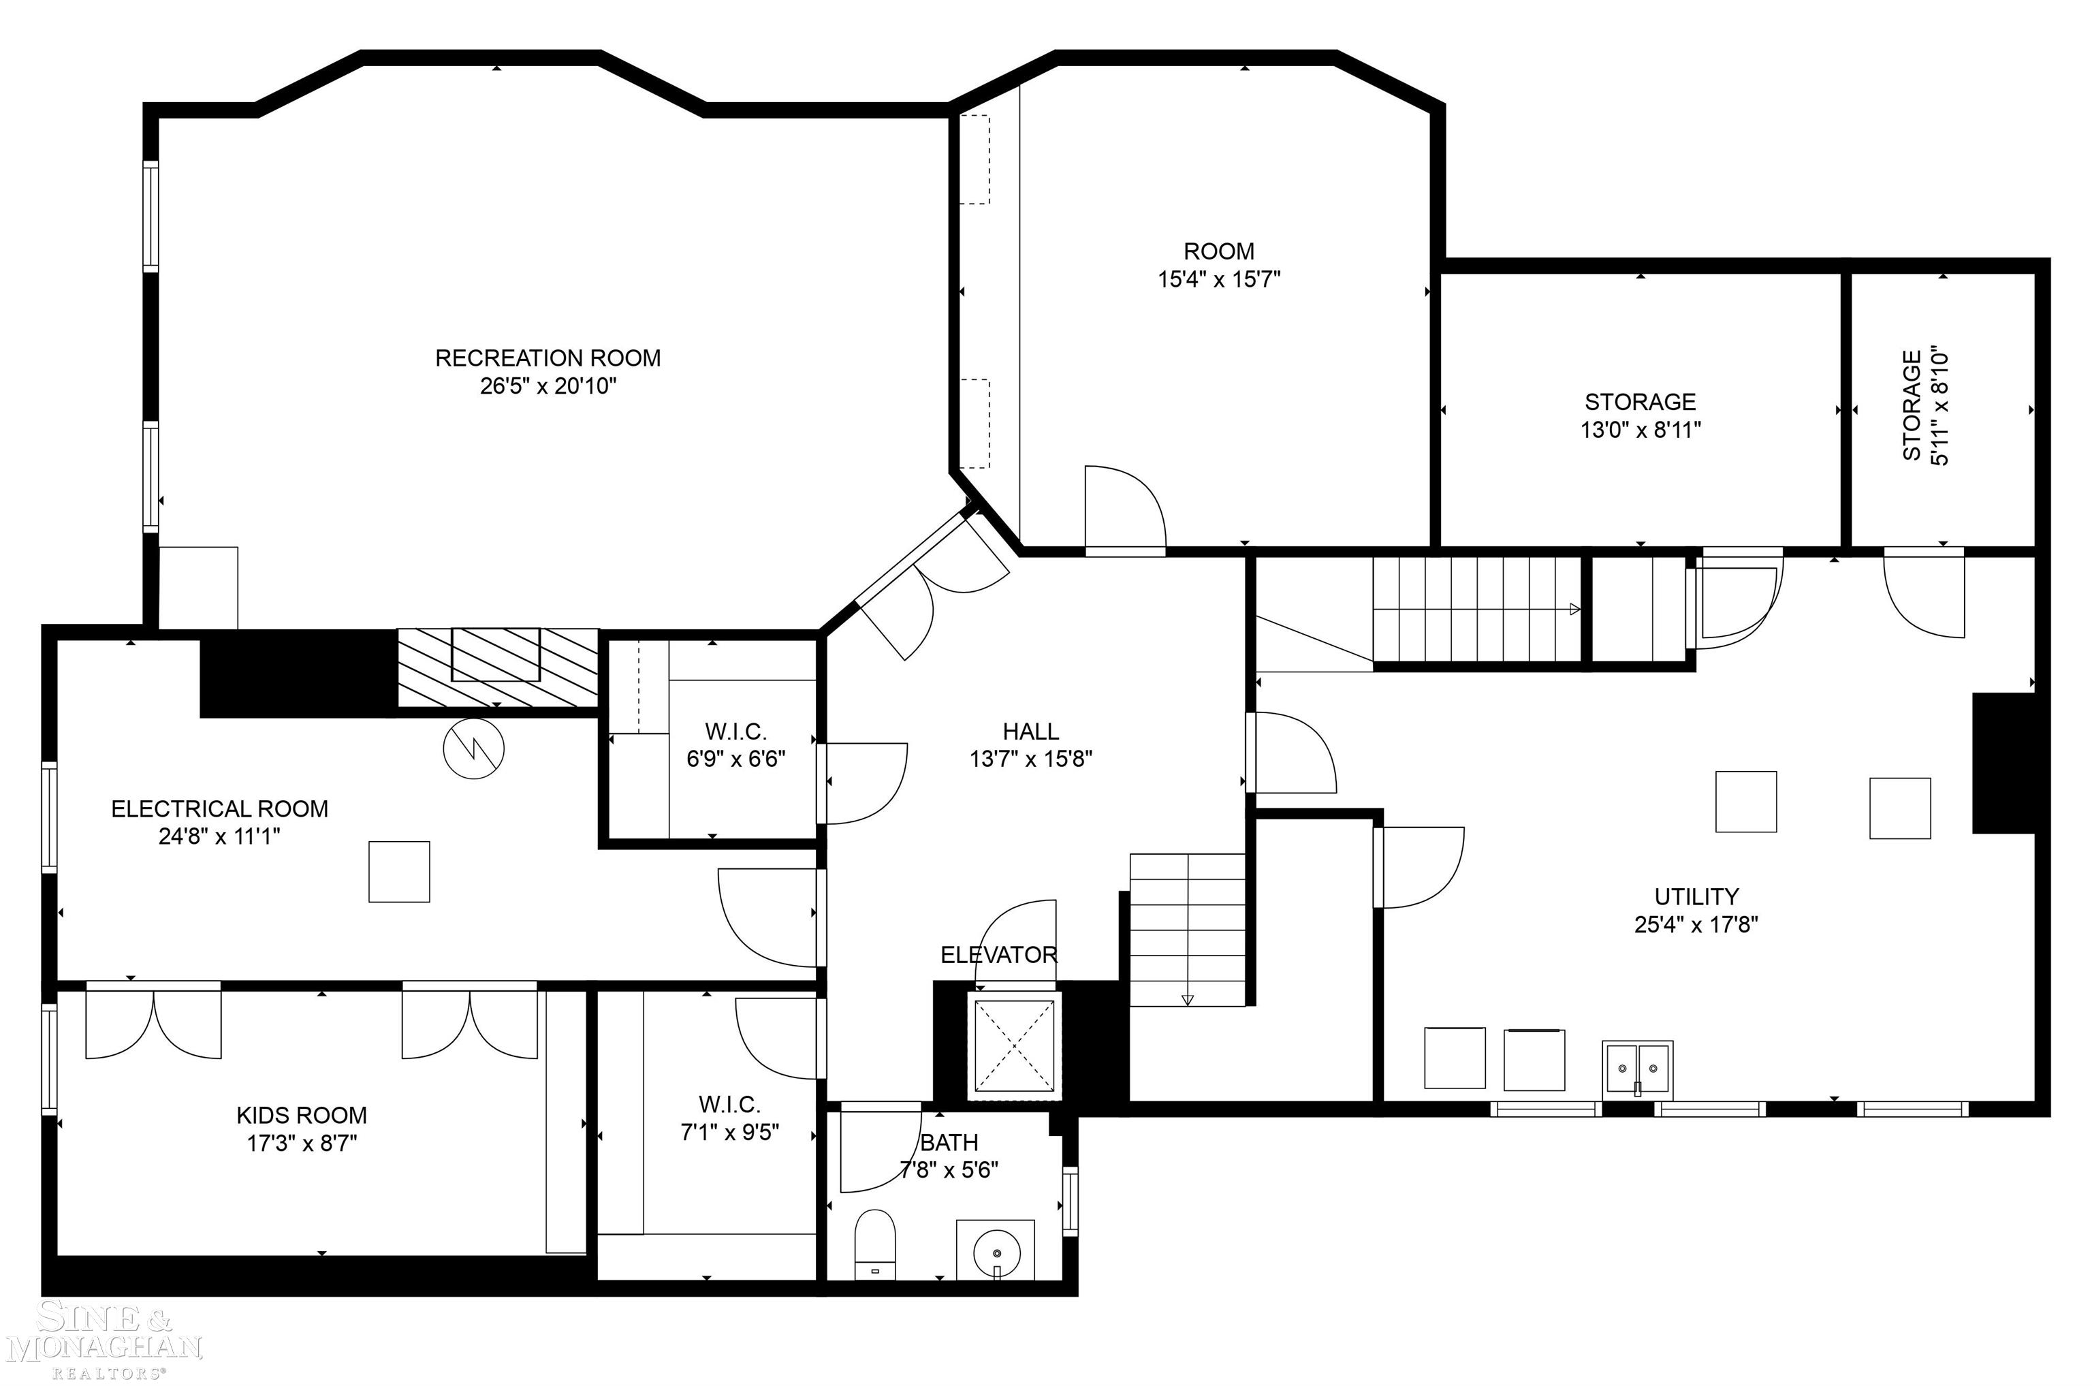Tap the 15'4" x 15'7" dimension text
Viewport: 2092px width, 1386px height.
coord(1219,279)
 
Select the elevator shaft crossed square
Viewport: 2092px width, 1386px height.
coord(1014,1045)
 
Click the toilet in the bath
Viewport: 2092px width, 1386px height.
coord(875,1244)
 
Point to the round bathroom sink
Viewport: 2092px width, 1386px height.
coord(997,1252)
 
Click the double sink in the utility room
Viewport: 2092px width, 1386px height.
coord(1637,1068)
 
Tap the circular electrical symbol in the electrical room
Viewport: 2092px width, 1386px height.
coord(474,749)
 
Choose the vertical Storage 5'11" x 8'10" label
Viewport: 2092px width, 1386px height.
coord(1925,406)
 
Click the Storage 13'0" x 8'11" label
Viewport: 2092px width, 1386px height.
coord(1641,415)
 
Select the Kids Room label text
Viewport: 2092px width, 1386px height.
coord(302,1115)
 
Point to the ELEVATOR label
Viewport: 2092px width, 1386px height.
coord(998,955)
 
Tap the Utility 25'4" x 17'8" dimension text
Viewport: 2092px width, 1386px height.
coord(1696,925)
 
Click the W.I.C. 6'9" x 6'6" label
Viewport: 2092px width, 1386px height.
coord(735,745)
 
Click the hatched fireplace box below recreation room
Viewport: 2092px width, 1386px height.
coord(496,667)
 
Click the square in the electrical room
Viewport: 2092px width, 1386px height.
coord(398,872)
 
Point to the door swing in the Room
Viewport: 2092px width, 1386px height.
coord(1124,508)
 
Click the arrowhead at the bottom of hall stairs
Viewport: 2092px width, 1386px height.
coord(1187,1000)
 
